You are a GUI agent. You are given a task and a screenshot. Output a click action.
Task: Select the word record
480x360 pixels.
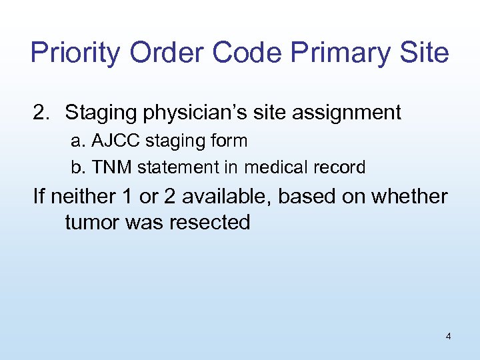click(x=342, y=167)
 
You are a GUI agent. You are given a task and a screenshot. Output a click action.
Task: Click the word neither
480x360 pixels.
click(x=80, y=197)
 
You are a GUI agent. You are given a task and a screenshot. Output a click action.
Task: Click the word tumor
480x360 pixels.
click(x=91, y=222)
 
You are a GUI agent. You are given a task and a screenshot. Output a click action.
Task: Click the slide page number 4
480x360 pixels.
click(x=448, y=337)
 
